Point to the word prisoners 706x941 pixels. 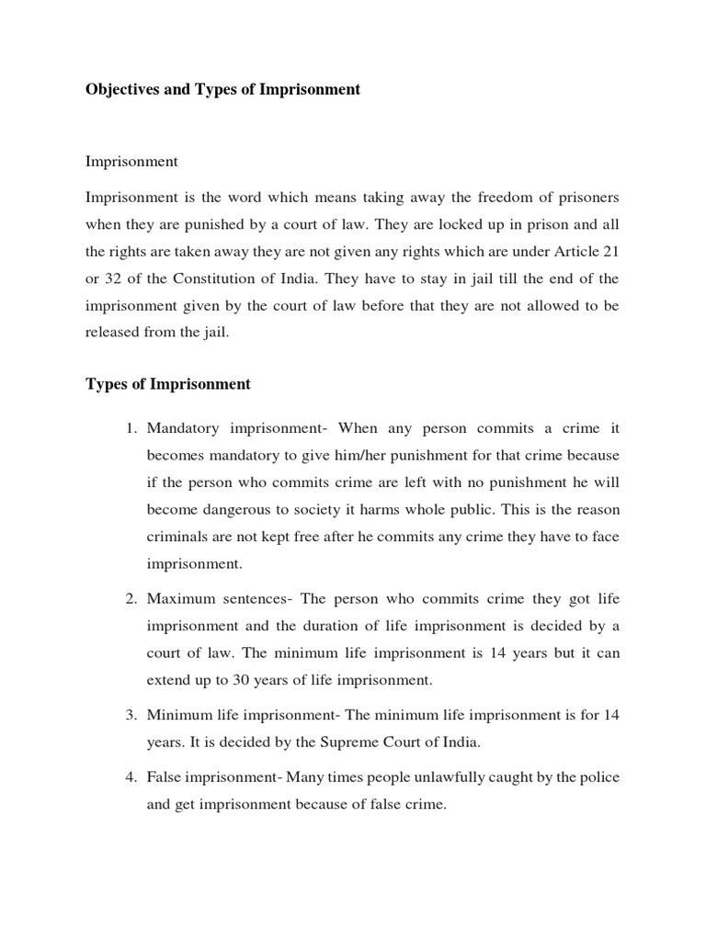coord(580,198)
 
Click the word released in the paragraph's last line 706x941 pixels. coord(114,333)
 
